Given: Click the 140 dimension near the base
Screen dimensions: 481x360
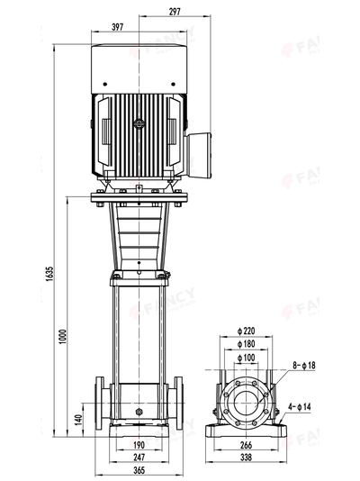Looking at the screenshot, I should coord(78,420).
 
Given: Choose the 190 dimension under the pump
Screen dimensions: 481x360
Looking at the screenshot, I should coord(139,445).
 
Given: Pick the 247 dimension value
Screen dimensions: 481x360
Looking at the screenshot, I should coord(139,458).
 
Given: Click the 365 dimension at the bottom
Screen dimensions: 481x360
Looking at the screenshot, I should coord(139,470).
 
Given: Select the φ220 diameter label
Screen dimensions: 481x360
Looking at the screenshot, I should coord(248,330).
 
